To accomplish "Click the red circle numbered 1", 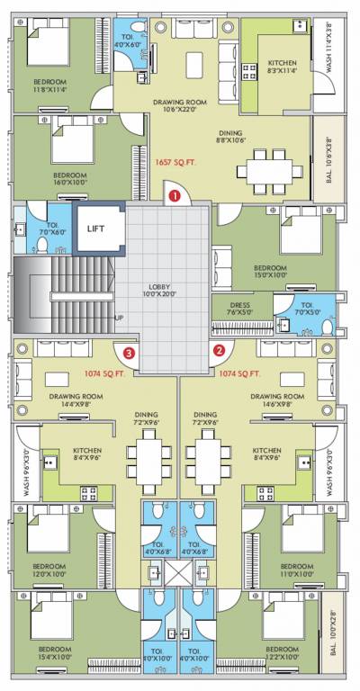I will pyautogui.click(x=175, y=193).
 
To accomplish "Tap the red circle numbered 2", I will pyautogui.click(x=218, y=352).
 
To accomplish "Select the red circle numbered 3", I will pyautogui.click(x=130, y=353).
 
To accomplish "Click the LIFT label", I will pyautogui.click(x=96, y=229).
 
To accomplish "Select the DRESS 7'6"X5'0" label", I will pyautogui.click(x=239, y=310).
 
